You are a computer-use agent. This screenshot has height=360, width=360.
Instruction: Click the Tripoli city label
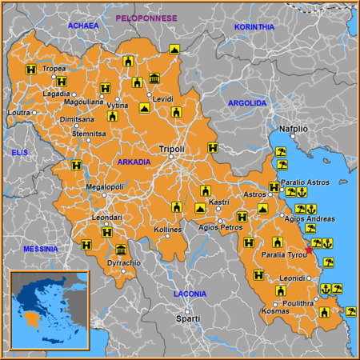coord(172,149)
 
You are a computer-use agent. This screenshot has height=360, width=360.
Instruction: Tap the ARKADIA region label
coord(134,162)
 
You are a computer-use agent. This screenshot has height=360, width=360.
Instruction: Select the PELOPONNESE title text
coord(148,18)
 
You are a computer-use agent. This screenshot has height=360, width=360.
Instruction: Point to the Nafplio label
coord(293,128)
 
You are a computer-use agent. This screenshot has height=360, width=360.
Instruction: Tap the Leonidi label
coord(293,278)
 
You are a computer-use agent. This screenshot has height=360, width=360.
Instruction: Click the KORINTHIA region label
coord(254,27)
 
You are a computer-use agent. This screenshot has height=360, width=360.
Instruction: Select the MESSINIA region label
coord(40,249)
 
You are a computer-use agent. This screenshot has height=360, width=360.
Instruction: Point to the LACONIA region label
coord(190,294)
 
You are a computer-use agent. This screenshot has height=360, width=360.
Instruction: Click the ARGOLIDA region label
coord(246,103)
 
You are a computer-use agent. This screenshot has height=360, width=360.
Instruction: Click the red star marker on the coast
coord(310,250)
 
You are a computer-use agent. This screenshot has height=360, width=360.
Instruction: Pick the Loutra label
coord(18,113)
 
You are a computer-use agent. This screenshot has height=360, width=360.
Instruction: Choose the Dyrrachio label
coord(124,262)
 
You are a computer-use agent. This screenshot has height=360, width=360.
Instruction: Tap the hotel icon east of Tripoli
coord(212,147)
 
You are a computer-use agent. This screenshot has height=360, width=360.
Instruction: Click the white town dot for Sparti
coord(186,311)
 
